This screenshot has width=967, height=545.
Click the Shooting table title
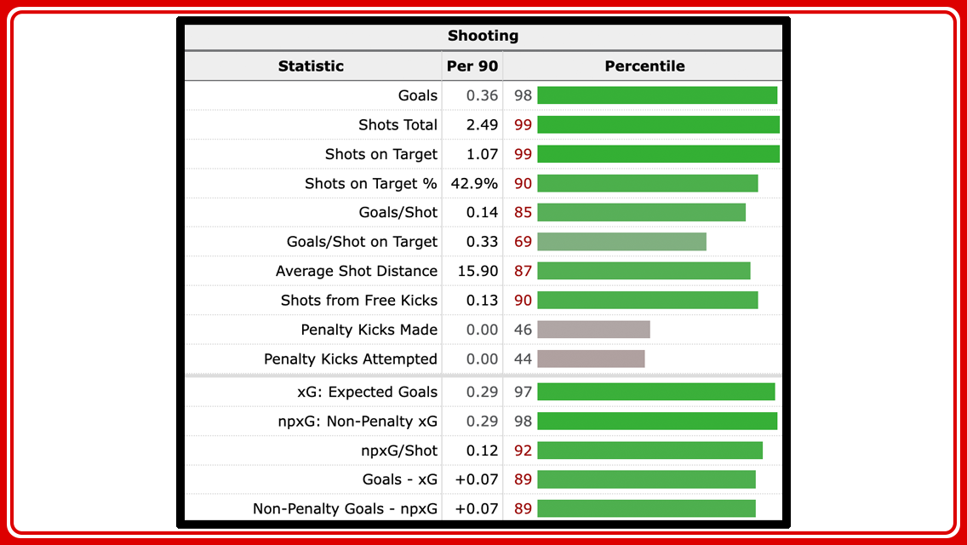483,36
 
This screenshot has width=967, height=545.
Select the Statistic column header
311,66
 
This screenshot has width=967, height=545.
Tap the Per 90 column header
472,66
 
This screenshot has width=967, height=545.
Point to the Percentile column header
644,66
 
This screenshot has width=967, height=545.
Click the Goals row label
417,95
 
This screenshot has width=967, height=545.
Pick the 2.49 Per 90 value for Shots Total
482,124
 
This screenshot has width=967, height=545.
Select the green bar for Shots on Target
658,154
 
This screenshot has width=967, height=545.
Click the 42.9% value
474,183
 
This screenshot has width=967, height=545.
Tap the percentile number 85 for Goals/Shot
523,212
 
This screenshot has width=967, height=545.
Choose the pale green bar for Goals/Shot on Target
621,242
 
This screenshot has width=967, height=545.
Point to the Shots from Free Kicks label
358,300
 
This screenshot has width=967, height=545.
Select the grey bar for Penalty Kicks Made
593,330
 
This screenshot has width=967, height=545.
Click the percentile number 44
523,359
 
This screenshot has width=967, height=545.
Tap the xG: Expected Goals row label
367,392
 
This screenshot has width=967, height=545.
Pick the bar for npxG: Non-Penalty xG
657,421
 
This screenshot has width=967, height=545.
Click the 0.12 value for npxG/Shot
482,450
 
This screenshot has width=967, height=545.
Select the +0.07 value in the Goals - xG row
477,479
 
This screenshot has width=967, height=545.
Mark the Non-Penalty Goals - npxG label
345,508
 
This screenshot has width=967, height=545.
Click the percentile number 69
523,242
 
